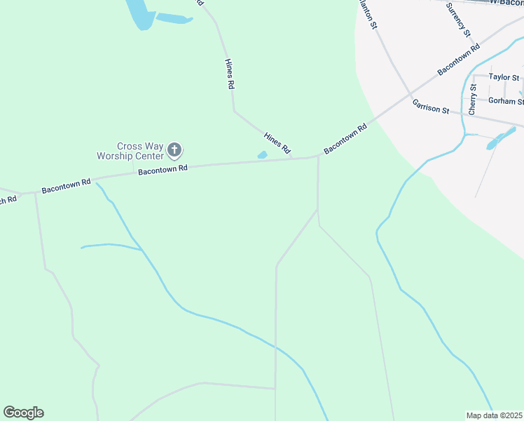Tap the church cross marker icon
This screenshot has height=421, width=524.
pos(175,149)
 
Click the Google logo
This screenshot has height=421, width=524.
pos(23,413)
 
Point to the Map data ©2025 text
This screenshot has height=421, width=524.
pos(495,415)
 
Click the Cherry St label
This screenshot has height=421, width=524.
pos(473,100)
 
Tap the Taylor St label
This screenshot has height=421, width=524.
pos(504,77)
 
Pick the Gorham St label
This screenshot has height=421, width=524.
pos(506,101)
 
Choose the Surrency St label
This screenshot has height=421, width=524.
pos(460,18)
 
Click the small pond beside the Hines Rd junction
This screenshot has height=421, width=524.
pos(263,155)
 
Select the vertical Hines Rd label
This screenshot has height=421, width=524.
pos(229,74)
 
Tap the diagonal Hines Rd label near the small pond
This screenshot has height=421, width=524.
pos(277,143)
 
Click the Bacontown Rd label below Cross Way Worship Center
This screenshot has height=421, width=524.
pos(163,169)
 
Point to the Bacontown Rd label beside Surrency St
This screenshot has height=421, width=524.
pos(458,60)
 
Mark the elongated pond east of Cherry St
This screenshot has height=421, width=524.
pos(501,138)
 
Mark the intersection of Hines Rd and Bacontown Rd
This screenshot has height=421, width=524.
pos(294,158)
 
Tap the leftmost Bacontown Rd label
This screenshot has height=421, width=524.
pos(66,186)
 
